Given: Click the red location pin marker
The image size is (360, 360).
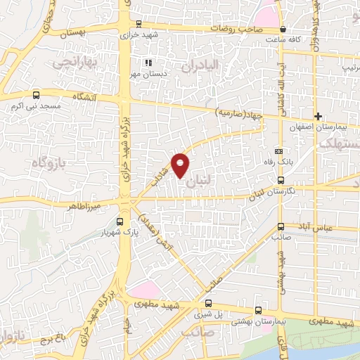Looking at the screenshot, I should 181,165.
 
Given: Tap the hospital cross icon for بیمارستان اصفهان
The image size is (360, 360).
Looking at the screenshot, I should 318,116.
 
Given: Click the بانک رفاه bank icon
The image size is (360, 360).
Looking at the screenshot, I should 279,151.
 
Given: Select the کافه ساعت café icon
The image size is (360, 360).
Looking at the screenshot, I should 283,30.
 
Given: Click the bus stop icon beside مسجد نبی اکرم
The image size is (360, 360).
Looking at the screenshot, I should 36,95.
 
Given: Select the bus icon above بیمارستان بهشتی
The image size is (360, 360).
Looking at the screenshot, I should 258,309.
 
